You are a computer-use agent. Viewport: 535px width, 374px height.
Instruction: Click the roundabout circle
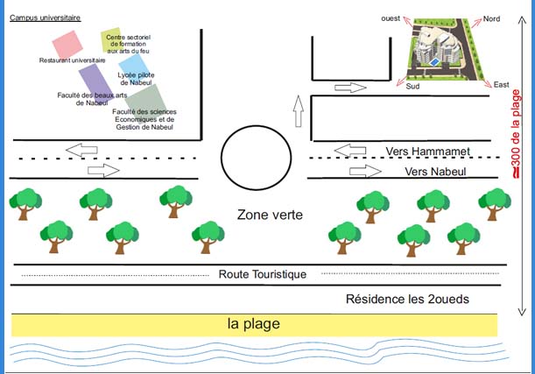click(x=254, y=156)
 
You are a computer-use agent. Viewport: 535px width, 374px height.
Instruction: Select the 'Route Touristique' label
click(x=263, y=274)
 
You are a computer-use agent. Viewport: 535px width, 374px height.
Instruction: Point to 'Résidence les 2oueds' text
click(x=407, y=299)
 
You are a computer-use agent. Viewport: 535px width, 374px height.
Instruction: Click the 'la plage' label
click(x=254, y=324)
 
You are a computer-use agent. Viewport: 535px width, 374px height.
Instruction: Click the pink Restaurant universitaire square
click(x=66, y=45)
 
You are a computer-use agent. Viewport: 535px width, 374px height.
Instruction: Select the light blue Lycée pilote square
click(x=133, y=66)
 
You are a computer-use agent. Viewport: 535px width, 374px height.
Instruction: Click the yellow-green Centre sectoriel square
click(x=112, y=39)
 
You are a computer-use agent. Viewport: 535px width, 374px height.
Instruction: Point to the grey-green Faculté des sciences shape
click(x=145, y=97)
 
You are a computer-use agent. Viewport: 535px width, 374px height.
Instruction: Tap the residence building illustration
click(x=442, y=48)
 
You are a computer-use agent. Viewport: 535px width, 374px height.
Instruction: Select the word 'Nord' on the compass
click(x=491, y=19)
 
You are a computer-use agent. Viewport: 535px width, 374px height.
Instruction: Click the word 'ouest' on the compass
click(x=391, y=18)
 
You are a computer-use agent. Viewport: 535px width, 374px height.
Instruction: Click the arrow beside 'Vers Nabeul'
click(x=360, y=171)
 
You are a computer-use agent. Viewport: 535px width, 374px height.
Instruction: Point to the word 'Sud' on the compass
click(x=413, y=86)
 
